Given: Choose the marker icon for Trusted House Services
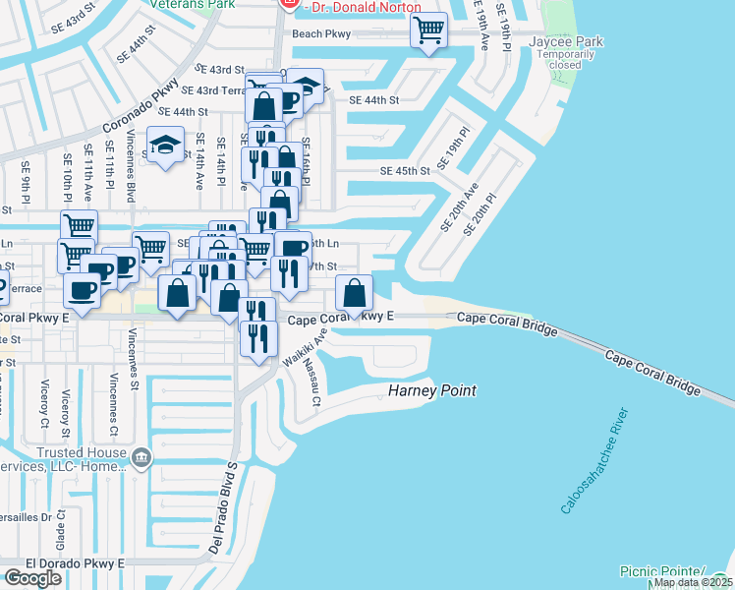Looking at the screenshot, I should pos(141,456).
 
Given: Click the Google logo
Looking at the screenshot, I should pos(32,578).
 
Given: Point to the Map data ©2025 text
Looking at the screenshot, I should pos(693,582).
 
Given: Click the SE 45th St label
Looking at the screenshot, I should pos(406,171).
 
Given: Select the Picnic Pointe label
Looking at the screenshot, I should pos(662,571).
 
